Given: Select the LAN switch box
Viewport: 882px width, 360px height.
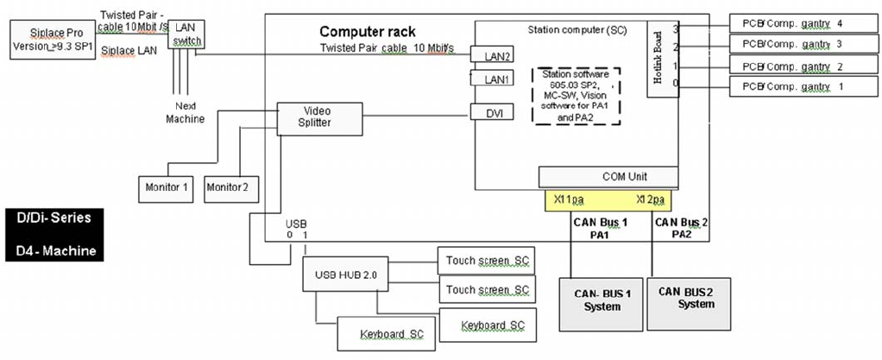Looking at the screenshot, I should coord(186,35).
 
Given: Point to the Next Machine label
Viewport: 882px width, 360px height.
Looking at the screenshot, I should coord(184,111).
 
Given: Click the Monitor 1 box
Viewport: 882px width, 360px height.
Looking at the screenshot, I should coord(168,186).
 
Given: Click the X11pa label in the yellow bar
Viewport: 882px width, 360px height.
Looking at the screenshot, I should coord(570,200).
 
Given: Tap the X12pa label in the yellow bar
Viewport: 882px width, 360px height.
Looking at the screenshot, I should coord(651,200).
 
